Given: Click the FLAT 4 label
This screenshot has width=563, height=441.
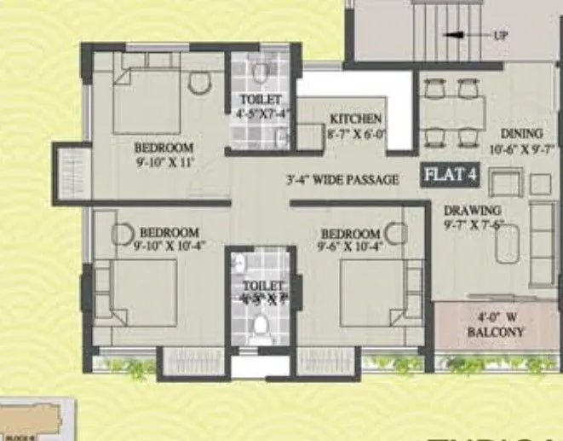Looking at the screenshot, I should pos(451,177).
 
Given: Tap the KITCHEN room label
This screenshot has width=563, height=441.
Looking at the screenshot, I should pos(356,119).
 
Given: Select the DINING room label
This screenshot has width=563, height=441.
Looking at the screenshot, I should pos(522,134).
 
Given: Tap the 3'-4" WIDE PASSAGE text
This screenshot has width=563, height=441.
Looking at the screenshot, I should pos(342,180).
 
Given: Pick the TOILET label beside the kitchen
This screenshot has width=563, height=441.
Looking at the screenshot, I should pos(261,99).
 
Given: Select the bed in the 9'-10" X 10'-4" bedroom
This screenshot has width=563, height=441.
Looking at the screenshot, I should pos(141,290).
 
